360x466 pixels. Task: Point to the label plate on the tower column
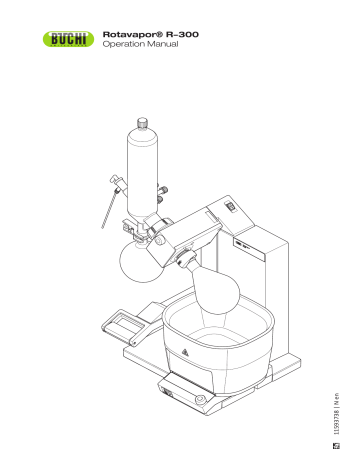coord(245,243)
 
